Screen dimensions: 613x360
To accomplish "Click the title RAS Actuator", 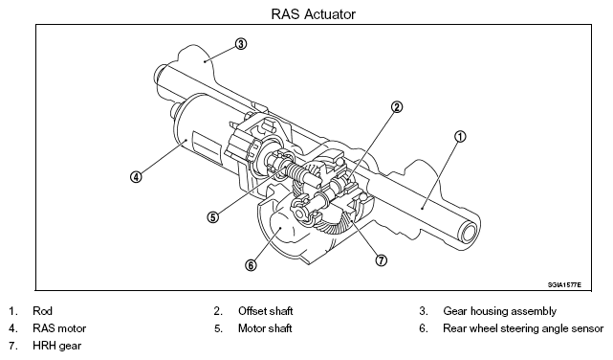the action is [313, 14].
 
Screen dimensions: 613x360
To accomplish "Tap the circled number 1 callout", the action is [460, 137].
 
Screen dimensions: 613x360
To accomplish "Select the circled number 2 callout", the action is [397, 107].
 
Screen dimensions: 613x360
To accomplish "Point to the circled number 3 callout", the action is [241, 44].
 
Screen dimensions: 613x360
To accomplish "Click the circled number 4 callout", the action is [136, 177].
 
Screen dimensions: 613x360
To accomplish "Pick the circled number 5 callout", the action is [212, 217].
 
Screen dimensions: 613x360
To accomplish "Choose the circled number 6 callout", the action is [251, 265].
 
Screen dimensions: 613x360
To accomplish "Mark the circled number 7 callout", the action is [382, 260].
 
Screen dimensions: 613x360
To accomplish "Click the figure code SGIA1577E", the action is [564, 285].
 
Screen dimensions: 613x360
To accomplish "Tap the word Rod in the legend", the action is [42, 311].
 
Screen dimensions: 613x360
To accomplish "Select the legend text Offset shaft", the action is [266, 311].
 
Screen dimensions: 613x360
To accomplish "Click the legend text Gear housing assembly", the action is [499, 311].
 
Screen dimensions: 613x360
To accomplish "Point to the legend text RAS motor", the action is [59, 328].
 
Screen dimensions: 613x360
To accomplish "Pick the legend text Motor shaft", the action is [265, 328].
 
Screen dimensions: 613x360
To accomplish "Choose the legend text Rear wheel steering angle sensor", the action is [523, 328].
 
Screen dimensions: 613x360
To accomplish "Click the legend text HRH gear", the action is [57, 346].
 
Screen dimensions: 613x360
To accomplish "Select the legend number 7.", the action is [12, 346].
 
